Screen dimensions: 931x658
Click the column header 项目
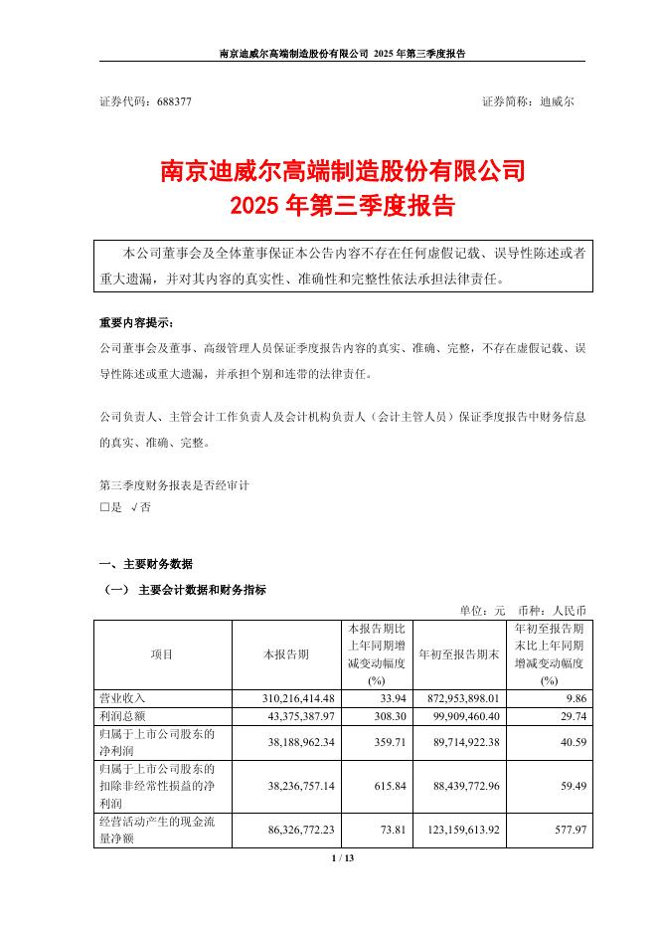(162, 654)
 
